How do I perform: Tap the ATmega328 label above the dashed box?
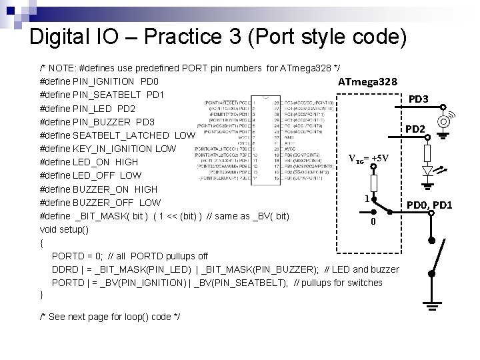point(368,82)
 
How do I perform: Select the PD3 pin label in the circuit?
point(418,99)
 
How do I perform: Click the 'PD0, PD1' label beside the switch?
point(429,205)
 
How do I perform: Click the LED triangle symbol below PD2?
point(429,171)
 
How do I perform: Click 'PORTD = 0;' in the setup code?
point(77,256)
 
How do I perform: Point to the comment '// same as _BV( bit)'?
point(247,216)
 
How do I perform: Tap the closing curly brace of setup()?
point(42,295)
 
